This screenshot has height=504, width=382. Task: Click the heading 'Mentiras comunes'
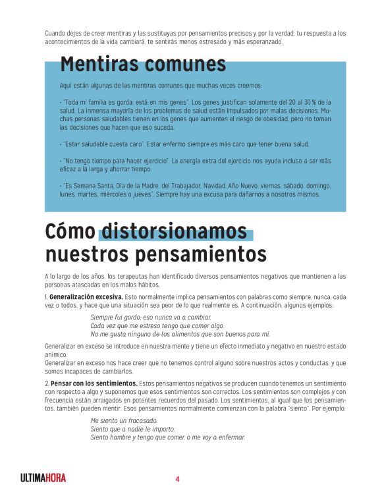143,65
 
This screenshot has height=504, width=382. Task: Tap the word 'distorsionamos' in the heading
175,232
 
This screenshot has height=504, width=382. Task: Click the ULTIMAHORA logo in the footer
43,478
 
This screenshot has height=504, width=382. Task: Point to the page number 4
177,479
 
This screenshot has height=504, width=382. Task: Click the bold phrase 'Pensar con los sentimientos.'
94,383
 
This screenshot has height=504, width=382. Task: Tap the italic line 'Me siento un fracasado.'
124,420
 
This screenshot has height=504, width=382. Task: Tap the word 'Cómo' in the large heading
70,232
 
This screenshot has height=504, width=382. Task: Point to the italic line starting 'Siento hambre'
167,437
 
